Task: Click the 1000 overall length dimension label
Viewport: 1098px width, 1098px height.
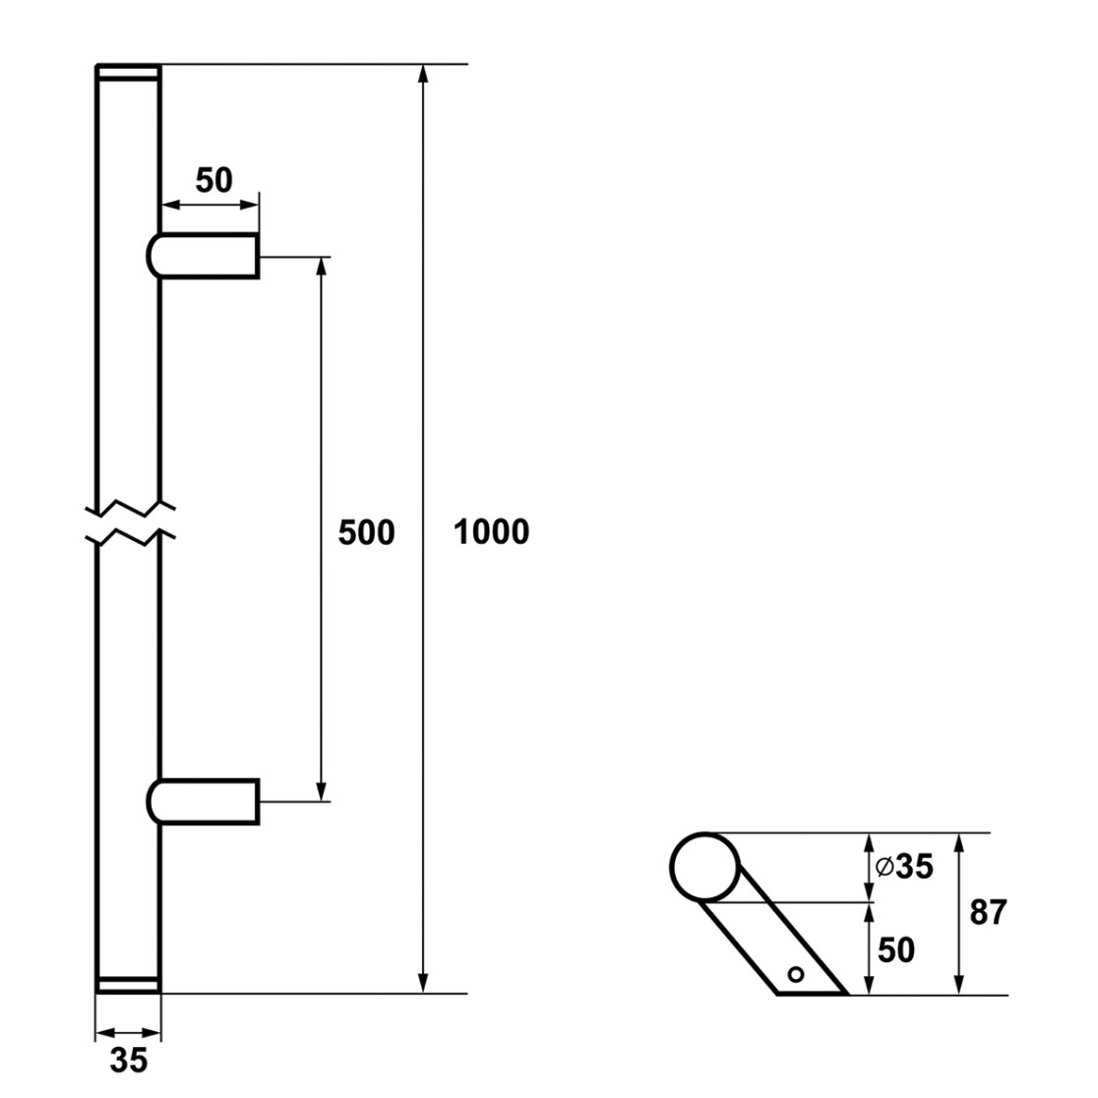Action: (x=492, y=532)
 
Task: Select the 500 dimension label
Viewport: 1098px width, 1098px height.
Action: (x=366, y=533)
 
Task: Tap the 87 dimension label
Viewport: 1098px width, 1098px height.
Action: (x=988, y=912)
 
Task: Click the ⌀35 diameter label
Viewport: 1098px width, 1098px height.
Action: (x=905, y=867)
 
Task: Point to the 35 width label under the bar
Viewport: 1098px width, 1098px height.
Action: (x=129, y=1061)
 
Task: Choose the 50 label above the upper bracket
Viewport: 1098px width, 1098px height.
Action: (x=213, y=181)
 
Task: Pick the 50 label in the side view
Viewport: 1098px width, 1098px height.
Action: (x=896, y=950)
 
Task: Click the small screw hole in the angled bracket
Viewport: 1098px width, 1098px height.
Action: (x=796, y=974)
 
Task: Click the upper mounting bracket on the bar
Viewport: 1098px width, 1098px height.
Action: (x=203, y=256)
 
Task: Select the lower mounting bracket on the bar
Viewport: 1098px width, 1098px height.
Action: (x=203, y=801)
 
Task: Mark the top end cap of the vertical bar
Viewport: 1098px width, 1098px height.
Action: (x=128, y=74)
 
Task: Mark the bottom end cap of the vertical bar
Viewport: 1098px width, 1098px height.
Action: (x=128, y=984)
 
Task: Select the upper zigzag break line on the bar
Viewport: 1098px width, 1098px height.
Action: (x=130, y=508)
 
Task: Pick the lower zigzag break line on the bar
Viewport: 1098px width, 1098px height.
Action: (x=130, y=536)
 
